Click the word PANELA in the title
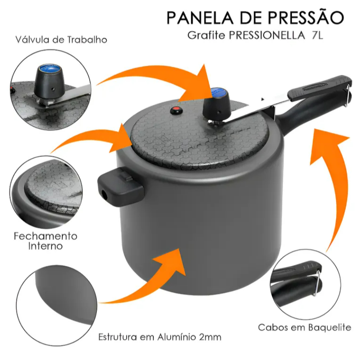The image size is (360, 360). (200, 17)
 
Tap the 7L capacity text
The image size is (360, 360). (317, 35)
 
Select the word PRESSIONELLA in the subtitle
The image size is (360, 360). (267, 35)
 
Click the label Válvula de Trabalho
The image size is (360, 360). (61, 40)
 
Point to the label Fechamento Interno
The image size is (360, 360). (45, 241)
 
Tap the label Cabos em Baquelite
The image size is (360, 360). (304, 327)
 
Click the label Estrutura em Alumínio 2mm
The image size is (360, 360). (160, 337)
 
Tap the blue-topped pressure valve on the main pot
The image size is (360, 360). (217, 102)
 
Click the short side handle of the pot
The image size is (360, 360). (120, 186)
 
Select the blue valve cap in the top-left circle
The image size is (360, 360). (50, 69)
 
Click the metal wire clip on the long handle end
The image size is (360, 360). (347, 95)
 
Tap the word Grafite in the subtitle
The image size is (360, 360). (206, 35)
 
